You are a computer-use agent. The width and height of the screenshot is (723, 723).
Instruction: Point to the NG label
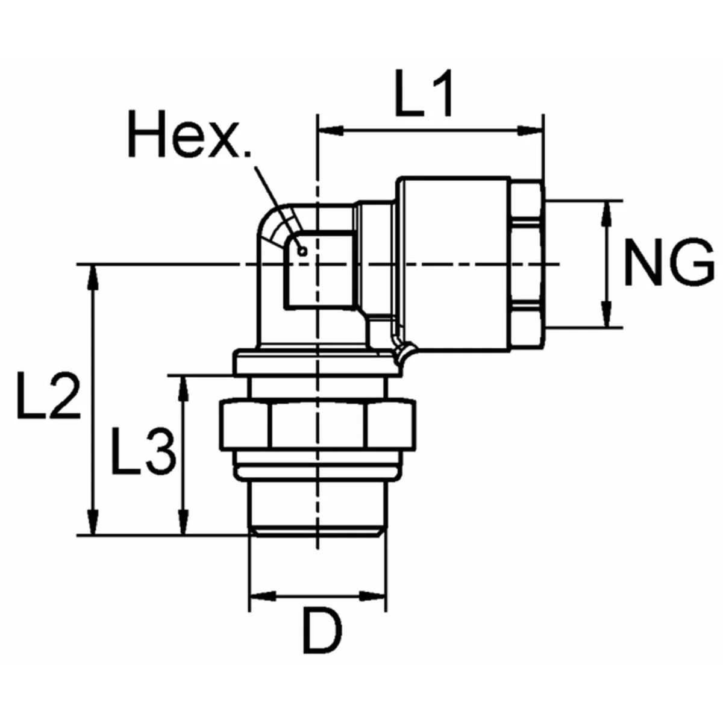pos(668,263)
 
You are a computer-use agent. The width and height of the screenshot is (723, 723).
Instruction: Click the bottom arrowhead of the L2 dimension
pos(92,522)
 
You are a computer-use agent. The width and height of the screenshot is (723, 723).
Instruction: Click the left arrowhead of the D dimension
pos(261,596)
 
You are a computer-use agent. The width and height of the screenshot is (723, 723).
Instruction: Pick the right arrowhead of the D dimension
pos(374,596)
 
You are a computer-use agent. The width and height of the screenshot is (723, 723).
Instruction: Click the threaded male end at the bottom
pos(318,506)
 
